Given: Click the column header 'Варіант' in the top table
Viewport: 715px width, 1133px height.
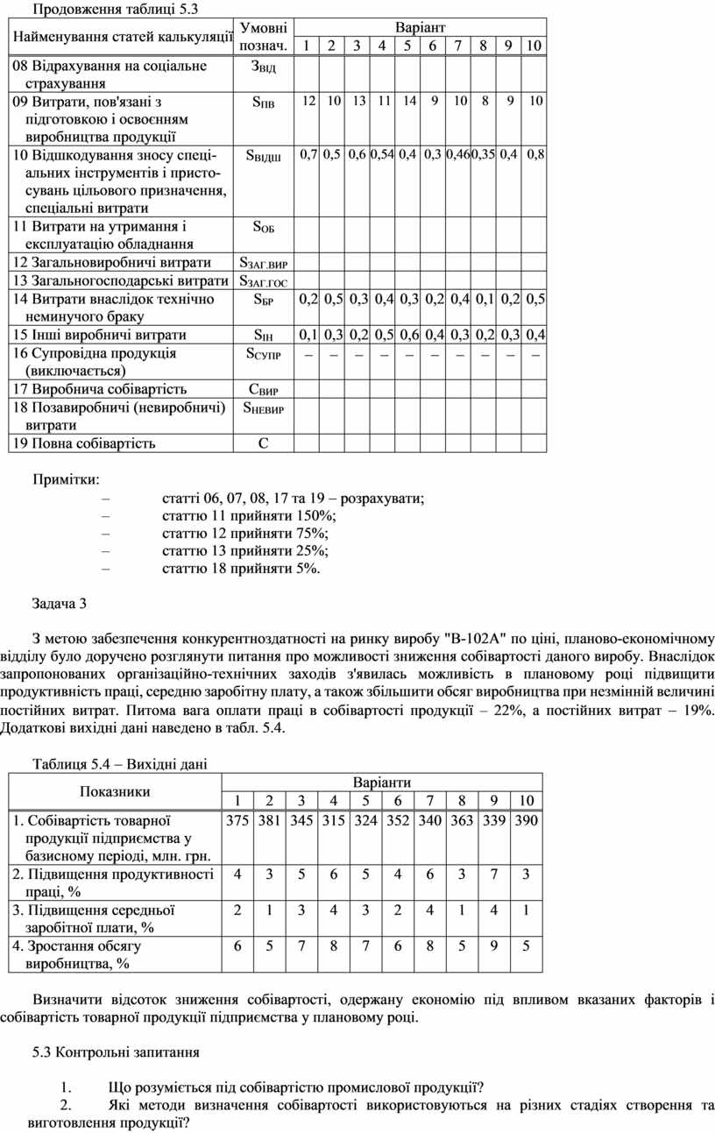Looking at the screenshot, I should [420, 27].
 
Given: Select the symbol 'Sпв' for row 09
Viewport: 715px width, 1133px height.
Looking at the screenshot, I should [263, 103].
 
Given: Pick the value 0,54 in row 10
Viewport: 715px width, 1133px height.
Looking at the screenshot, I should [382, 155].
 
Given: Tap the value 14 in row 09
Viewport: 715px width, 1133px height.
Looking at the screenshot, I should [409, 102].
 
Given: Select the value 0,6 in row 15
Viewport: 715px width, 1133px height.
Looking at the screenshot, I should [408, 336].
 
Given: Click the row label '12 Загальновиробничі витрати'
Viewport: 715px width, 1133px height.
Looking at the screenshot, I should [111, 263].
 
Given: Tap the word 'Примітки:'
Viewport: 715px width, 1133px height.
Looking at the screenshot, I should [66, 480].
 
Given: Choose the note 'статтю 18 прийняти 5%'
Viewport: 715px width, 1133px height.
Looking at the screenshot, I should [242, 570].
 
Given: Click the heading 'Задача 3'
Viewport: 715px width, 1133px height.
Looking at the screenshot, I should [60, 604].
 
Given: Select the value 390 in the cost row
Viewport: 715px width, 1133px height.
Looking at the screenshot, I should [526, 820].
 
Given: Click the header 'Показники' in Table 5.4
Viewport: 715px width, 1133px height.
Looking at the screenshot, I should [115, 791].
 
